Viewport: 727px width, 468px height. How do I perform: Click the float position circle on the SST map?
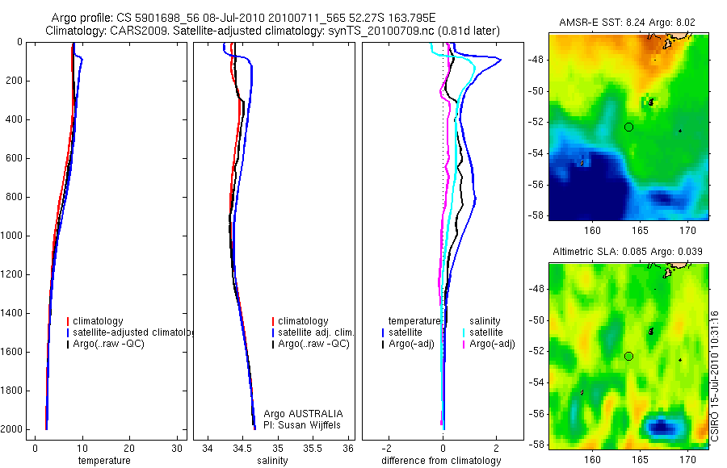tap(629, 127)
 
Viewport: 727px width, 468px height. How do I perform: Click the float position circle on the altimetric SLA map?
tap(629, 356)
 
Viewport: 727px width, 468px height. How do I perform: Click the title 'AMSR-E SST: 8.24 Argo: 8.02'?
tap(627, 23)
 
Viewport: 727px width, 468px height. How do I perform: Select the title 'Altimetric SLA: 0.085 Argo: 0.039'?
tap(627, 252)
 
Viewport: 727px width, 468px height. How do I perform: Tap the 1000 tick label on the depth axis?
tap(14, 236)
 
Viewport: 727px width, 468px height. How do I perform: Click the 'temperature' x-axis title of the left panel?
tap(103, 461)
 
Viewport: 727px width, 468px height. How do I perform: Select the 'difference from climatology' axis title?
tap(441, 461)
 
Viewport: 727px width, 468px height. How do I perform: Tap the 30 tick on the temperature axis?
tap(177, 448)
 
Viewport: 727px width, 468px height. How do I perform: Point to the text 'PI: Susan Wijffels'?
tap(303, 424)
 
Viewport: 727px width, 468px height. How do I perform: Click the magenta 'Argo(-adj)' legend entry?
tap(493, 344)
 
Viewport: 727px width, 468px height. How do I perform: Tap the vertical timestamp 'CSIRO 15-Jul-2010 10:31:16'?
tap(716, 375)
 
